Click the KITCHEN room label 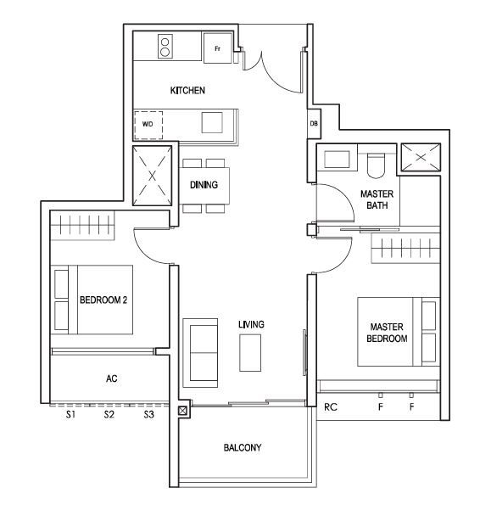[187, 90]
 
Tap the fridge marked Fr [218, 48]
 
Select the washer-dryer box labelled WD [148, 125]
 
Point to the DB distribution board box [314, 124]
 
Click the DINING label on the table [204, 185]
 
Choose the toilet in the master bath [376, 165]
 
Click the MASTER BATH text [377, 199]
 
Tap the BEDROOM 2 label [103, 300]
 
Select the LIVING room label [251, 324]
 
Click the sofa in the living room [200, 353]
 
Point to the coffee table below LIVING [250, 353]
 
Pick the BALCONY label [243, 447]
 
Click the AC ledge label [111, 378]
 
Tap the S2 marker [109, 415]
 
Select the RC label [331, 406]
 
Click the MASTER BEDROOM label [387, 333]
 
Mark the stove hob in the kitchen [165, 47]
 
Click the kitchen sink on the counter [212, 123]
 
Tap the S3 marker [149, 415]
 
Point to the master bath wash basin [337, 160]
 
